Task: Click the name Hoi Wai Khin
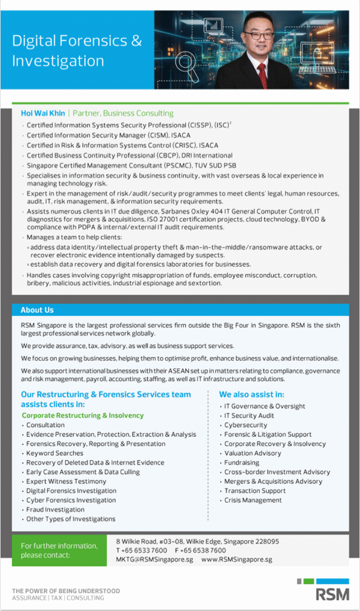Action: click(x=42, y=113)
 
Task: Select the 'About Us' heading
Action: click(x=37, y=310)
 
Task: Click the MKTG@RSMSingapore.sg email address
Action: click(x=155, y=560)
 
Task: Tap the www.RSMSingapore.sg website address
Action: click(x=236, y=560)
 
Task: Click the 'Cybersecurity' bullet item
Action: click(x=245, y=425)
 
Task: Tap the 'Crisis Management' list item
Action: click(x=253, y=500)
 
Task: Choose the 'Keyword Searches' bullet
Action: click(x=54, y=453)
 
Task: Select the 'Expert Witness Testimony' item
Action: click(x=66, y=482)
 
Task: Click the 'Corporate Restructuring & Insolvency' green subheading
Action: click(x=82, y=415)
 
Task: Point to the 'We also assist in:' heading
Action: click(x=251, y=394)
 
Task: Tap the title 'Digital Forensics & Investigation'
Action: click(x=77, y=51)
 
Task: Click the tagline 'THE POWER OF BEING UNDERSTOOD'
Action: click(x=66, y=591)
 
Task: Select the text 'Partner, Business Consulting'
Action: click(x=123, y=113)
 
